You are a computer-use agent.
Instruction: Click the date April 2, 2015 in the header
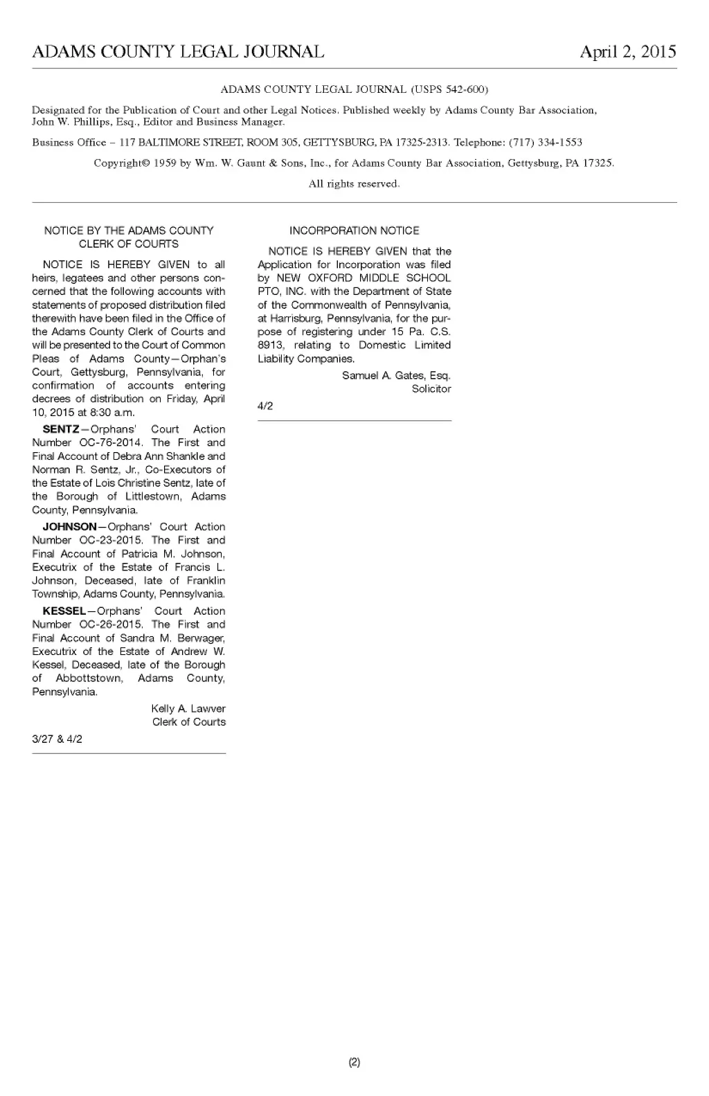click(x=627, y=52)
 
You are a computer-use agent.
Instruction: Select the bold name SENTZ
click(x=61, y=429)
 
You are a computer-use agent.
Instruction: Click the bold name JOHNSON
click(x=69, y=527)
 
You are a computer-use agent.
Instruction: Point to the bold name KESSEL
click(x=64, y=611)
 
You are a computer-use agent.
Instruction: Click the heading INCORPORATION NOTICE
click(x=354, y=231)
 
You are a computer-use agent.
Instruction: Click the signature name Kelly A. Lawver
click(x=188, y=709)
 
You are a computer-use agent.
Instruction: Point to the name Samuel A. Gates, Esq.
click(x=396, y=376)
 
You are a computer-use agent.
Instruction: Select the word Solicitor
click(x=431, y=389)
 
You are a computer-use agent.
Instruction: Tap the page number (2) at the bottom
click(x=354, y=1062)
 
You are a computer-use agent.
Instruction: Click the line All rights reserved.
click(x=354, y=184)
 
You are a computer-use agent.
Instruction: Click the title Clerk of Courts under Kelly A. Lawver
click(x=189, y=722)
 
